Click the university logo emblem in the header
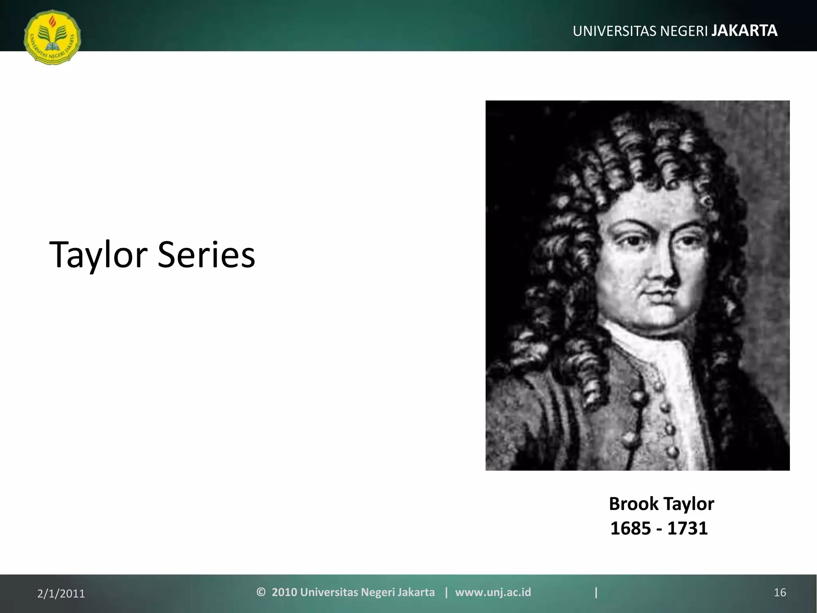pyautogui.click(x=52, y=37)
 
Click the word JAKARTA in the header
pyautogui.click(x=744, y=31)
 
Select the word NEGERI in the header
pyautogui.click(x=684, y=31)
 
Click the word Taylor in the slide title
pyautogui.click(x=98, y=255)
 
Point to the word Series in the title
pyautogui.click(x=206, y=255)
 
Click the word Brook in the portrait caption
pyautogui.click(x=633, y=504)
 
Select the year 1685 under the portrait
pyautogui.click(x=630, y=528)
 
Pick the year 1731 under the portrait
pyautogui.click(x=687, y=528)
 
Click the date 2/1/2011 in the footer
pyautogui.click(x=61, y=594)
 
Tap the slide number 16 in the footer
pyautogui.click(x=780, y=593)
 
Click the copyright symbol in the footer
pyautogui.click(x=261, y=592)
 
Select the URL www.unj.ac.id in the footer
pyautogui.click(x=493, y=592)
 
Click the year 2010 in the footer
pyautogui.click(x=284, y=592)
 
